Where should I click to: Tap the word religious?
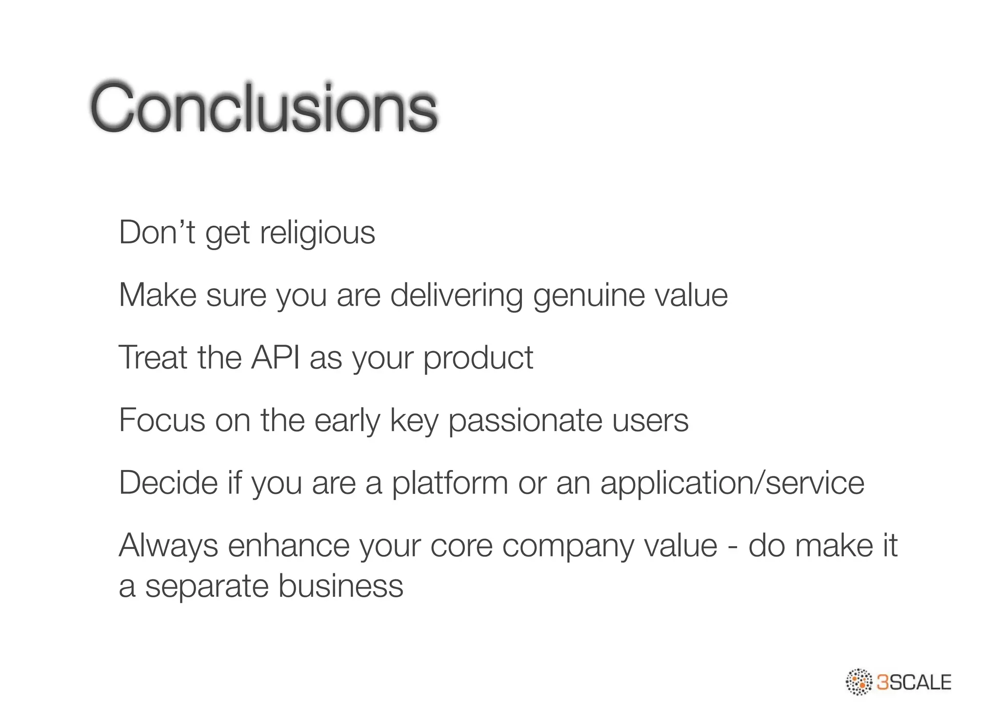pyautogui.click(x=318, y=233)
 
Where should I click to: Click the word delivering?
pyautogui.click(x=457, y=296)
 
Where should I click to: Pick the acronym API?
pyautogui.click(x=275, y=357)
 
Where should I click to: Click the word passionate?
pyautogui.click(x=525, y=421)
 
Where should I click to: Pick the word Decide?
pyautogui.click(x=168, y=483)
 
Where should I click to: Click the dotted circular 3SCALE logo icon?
pyautogui.click(x=859, y=682)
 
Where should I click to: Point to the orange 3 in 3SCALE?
pyautogui.click(x=883, y=682)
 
